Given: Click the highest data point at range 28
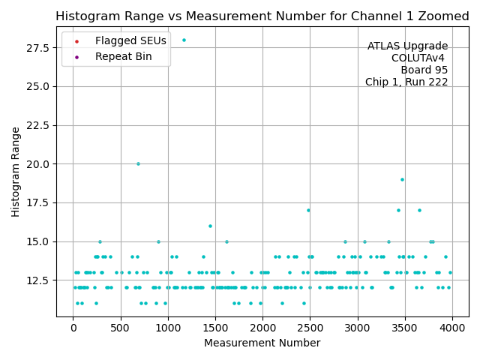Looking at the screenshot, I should [x=184, y=40].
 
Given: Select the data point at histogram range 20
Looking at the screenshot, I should [x=138, y=163].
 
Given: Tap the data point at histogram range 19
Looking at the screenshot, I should [x=402, y=179].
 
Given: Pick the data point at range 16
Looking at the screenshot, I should [x=210, y=226].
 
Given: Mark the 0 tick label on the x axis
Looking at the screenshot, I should [x=73, y=328].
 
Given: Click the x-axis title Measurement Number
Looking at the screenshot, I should [x=262, y=343].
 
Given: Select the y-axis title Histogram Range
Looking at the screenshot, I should [x=16, y=172].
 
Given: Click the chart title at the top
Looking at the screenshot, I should [x=262, y=16].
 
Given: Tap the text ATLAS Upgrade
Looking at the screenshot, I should [x=407, y=46].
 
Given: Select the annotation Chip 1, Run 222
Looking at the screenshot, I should [x=406, y=82].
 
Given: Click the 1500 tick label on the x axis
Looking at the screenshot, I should [x=215, y=328].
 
